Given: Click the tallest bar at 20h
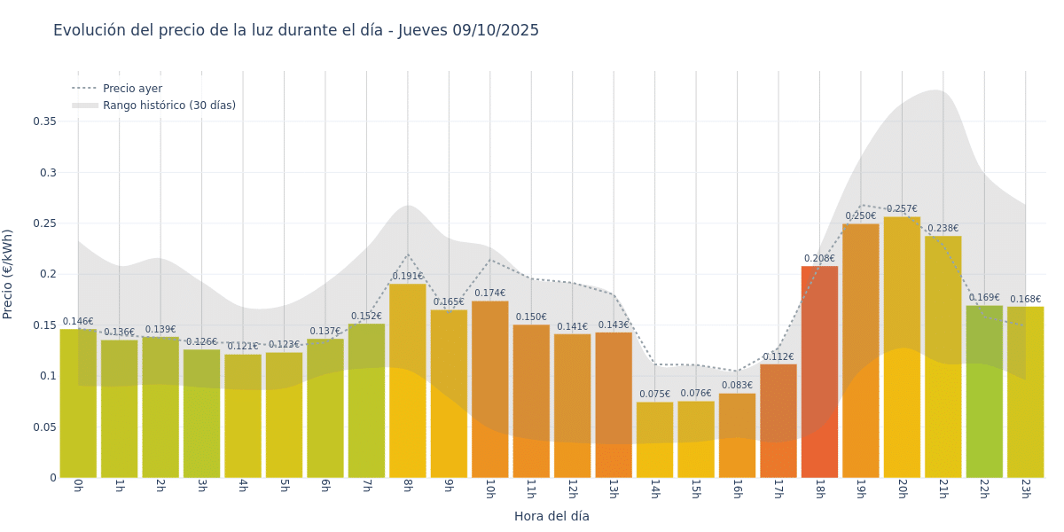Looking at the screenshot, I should click(902, 348).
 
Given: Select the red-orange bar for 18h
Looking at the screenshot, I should click(819, 372).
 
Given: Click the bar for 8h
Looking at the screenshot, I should click(407, 381).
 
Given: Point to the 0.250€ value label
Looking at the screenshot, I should click(860, 216).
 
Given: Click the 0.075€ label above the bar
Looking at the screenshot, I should click(654, 395).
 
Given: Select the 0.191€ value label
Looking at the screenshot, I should click(407, 277).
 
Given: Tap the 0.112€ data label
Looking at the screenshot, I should click(778, 357).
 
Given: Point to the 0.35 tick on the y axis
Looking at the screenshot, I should click(44, 121).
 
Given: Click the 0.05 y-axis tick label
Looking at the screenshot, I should click(44, 427).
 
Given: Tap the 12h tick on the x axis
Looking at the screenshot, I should click(572, 489).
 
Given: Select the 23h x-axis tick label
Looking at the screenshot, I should click(1025, 489).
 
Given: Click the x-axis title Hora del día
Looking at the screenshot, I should click(552, 516).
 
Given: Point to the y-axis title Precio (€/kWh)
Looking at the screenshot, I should click(8, 274).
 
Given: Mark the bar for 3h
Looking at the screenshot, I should click(201, 413).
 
